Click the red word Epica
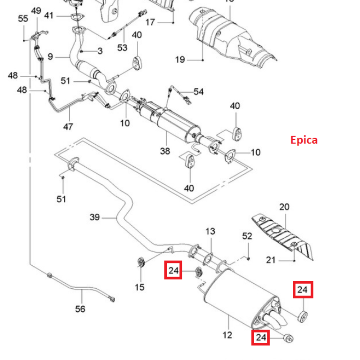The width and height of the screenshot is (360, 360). click(304, 140)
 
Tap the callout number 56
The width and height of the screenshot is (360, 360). click(80, 309)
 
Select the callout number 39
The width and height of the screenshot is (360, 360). click(95, 217)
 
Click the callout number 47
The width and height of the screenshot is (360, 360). click(68, 126)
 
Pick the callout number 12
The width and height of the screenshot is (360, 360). click(228, 335)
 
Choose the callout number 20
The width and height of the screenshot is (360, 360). click(284, 207)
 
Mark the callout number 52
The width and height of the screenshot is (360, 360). click(247, 236)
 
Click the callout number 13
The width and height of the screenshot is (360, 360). click(210, 231)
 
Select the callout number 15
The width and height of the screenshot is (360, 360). click(140, 287)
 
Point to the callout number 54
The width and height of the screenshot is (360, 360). click(199, 91)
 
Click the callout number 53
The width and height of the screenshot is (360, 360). click(122, 47)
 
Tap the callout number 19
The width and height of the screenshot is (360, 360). click(180, 59)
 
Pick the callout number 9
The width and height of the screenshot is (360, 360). click(50, 57)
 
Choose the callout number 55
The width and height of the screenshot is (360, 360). click(23, 18)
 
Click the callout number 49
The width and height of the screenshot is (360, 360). click(36, 11)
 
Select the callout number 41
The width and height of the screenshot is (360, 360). click(49, 16)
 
